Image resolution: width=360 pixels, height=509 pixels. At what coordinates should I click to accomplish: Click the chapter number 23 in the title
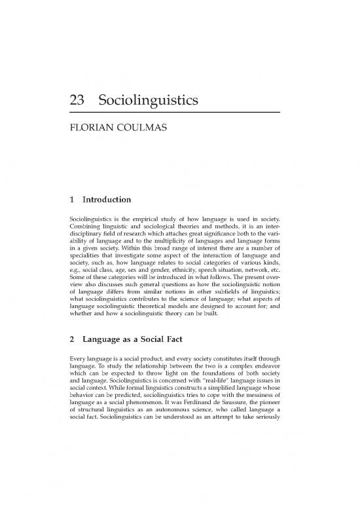79,102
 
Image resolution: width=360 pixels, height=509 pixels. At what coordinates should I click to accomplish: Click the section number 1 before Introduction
71,198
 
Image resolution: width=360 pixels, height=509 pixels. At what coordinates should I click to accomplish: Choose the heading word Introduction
107,198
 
